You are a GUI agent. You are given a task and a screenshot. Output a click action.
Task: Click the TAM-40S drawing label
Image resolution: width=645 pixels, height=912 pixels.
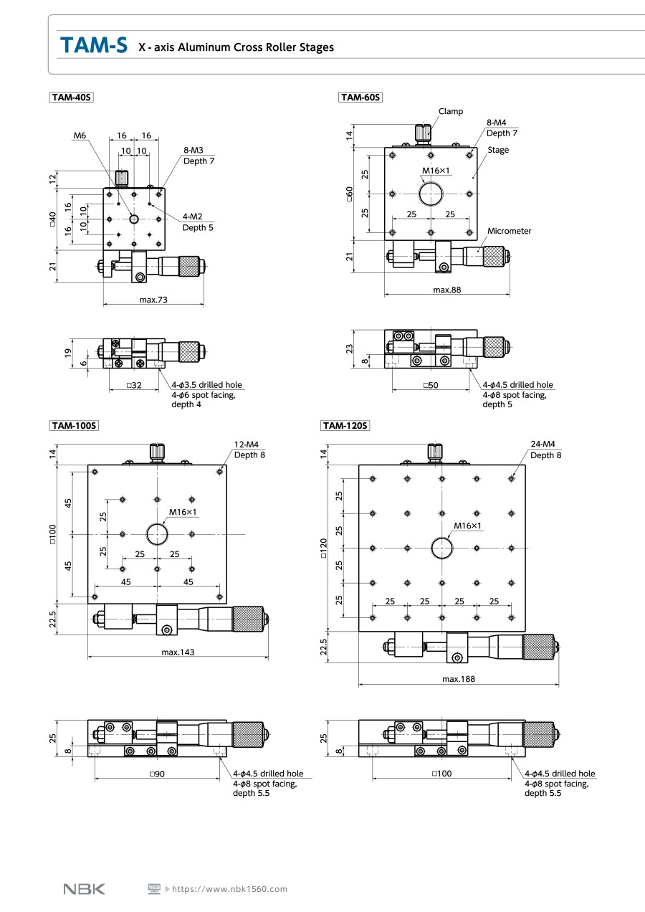(72, 98)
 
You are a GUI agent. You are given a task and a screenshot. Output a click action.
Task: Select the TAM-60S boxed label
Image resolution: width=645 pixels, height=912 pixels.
(360, 98)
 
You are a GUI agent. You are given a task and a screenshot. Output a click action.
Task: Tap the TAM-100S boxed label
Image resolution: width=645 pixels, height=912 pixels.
(74, 425)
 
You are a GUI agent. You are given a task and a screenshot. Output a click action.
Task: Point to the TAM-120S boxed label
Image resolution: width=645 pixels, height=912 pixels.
(345, 425)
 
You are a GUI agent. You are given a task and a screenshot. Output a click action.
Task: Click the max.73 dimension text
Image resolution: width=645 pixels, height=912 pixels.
(153, 299)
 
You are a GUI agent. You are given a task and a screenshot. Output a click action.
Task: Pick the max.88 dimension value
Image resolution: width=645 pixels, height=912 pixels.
(447, 290)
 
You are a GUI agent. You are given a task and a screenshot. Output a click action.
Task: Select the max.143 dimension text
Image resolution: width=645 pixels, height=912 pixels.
(178, 652)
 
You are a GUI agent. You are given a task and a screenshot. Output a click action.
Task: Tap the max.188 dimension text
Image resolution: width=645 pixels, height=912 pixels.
(459, 678)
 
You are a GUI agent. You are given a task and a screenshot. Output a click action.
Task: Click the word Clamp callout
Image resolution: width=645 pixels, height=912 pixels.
(451, 111)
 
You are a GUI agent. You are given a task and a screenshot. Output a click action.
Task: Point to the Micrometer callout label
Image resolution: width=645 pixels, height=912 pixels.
(510, 231)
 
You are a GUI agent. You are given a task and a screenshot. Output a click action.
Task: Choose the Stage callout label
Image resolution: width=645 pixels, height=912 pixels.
(498, 150)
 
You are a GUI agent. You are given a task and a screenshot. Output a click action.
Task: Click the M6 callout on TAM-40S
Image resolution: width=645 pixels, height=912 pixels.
(80, 135)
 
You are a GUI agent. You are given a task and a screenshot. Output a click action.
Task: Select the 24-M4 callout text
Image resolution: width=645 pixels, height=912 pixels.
(543, 444)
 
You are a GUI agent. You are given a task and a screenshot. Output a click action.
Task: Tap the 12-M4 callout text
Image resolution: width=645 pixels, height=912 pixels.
(247, 444)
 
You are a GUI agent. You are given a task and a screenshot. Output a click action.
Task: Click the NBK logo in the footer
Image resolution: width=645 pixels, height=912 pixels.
(85, 889)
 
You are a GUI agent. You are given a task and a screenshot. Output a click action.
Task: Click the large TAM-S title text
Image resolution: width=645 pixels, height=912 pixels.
(94, 46)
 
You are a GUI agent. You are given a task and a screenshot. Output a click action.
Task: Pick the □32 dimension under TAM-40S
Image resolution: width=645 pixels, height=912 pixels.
(133, 385)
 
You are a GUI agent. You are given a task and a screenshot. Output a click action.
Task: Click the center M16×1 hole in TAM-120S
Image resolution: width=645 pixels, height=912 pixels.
(442, 548)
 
